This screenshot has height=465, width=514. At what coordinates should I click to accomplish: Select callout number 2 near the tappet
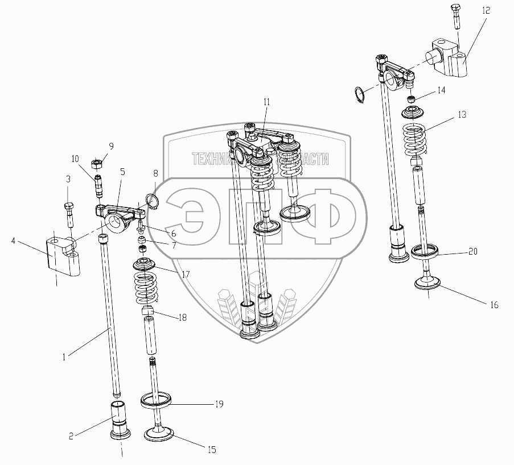click(x=71, y=436)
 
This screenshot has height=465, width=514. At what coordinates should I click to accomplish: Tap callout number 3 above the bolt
click(x=68, y=179)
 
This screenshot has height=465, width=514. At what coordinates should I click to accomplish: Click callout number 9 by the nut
click(x=111, y=146)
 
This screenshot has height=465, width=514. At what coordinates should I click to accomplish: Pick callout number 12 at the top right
click(x=485, y=11)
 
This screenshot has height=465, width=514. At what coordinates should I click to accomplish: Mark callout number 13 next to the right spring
click(x=461, y=114)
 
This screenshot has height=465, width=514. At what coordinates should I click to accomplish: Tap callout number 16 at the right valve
click(x=494, y=305)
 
